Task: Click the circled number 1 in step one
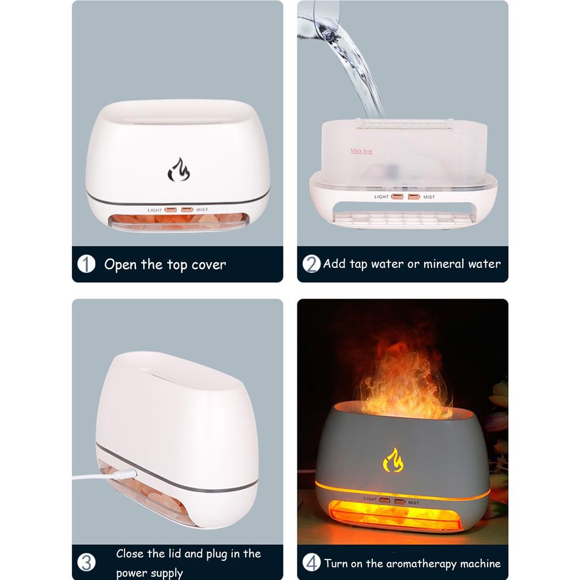[x=86, y=264]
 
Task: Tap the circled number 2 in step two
[x=311, y=264]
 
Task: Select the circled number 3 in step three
[x=86, y=562]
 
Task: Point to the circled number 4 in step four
[x=311, y=562]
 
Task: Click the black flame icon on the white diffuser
[x=178, y=170]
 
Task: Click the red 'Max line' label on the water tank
[x=361, y=151]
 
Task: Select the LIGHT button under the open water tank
[x=397, y=197]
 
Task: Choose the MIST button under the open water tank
[x=414, y=197]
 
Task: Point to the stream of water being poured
[x=357, y=68]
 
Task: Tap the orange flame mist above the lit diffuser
[x=403, y=379]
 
